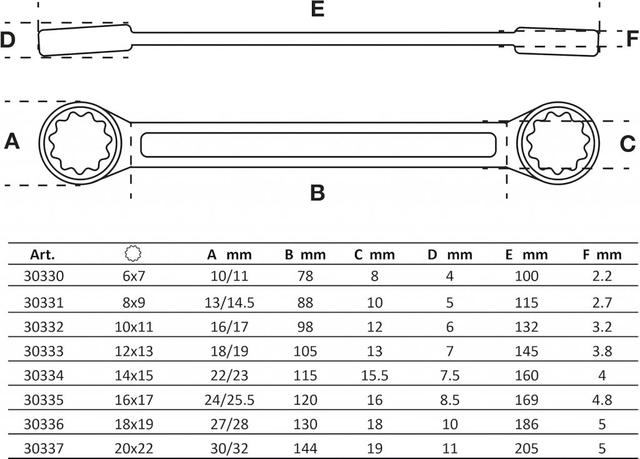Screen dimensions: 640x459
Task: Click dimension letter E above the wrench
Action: pyautogui.click(x=317, y=9)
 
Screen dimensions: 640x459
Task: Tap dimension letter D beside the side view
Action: pyautogui.click(x=7, y=39)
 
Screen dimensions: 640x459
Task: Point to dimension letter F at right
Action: pyautogui.click(x=632, y=39)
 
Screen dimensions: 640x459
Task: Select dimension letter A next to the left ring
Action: pyautogui.click(x=12, y=141)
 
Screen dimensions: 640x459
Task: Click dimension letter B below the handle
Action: pyautogui.click(x=317, y=193)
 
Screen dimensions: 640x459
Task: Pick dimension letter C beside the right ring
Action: pyautogui.click(x=627, y=144)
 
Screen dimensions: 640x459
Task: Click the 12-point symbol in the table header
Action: pyautogui.click(x=133, y=254)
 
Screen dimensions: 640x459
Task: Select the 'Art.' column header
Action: pyautogui.click(x=42, y=255)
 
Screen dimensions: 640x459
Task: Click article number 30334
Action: pyautogui.click(x=44, y=375)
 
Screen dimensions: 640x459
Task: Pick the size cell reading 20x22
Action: pyautogui.click(x=134, y=448)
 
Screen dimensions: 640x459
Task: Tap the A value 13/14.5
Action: pyautogui.click(x=229, y=303)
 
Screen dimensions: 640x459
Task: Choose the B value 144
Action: pyautogui.click(x=305, y=448)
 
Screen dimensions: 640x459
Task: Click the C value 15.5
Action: pyautogui.click(x=375, y=375)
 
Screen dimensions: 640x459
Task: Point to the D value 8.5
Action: pyautogui.click(x=450, y=400)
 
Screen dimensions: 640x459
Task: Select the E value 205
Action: pyautogui.click(x=526, y=448)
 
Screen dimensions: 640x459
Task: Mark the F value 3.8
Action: pyautogui.click(x=602, y=351)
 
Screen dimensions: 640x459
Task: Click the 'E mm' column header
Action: pyautogui.click(x=526, y=255)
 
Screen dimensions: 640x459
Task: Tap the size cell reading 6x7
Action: pyautogui.click(x=134, y=276)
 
